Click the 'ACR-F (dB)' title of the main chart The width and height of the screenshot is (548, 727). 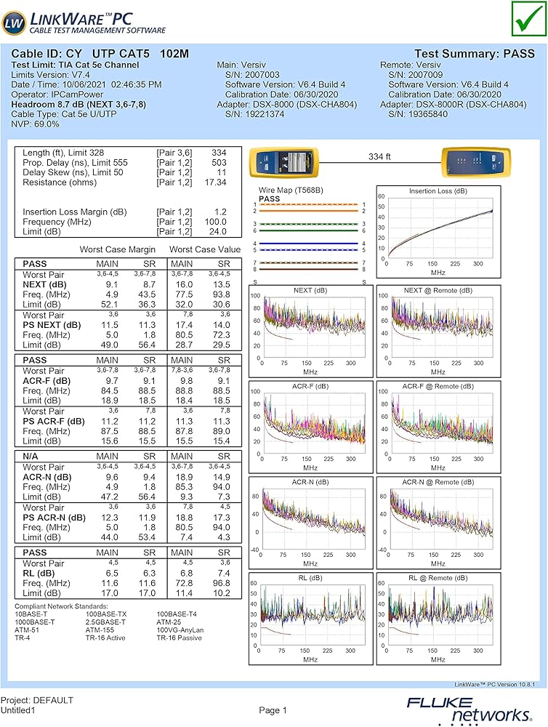click(x=310, y=386)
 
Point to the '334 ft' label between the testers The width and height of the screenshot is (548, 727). click(x=380, y=156)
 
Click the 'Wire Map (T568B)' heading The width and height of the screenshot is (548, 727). click(x=291, y=190)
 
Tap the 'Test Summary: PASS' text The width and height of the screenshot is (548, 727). click(x=474, y=54)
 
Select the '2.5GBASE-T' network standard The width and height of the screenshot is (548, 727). click(x=105, y=622)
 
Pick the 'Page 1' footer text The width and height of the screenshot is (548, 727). click(x=273, y=710)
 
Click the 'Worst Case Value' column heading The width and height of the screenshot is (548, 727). click(x=205, y=249)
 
